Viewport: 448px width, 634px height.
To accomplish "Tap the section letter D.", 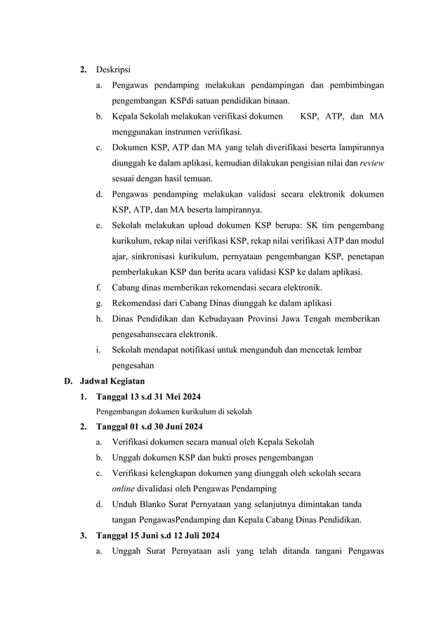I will [x=68, y=381].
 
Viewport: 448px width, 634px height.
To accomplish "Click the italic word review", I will [x=371, y=163].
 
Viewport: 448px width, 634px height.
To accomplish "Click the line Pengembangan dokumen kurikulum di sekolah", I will [x=174, y=411].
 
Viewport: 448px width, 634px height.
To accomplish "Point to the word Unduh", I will [x=125, y=504].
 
